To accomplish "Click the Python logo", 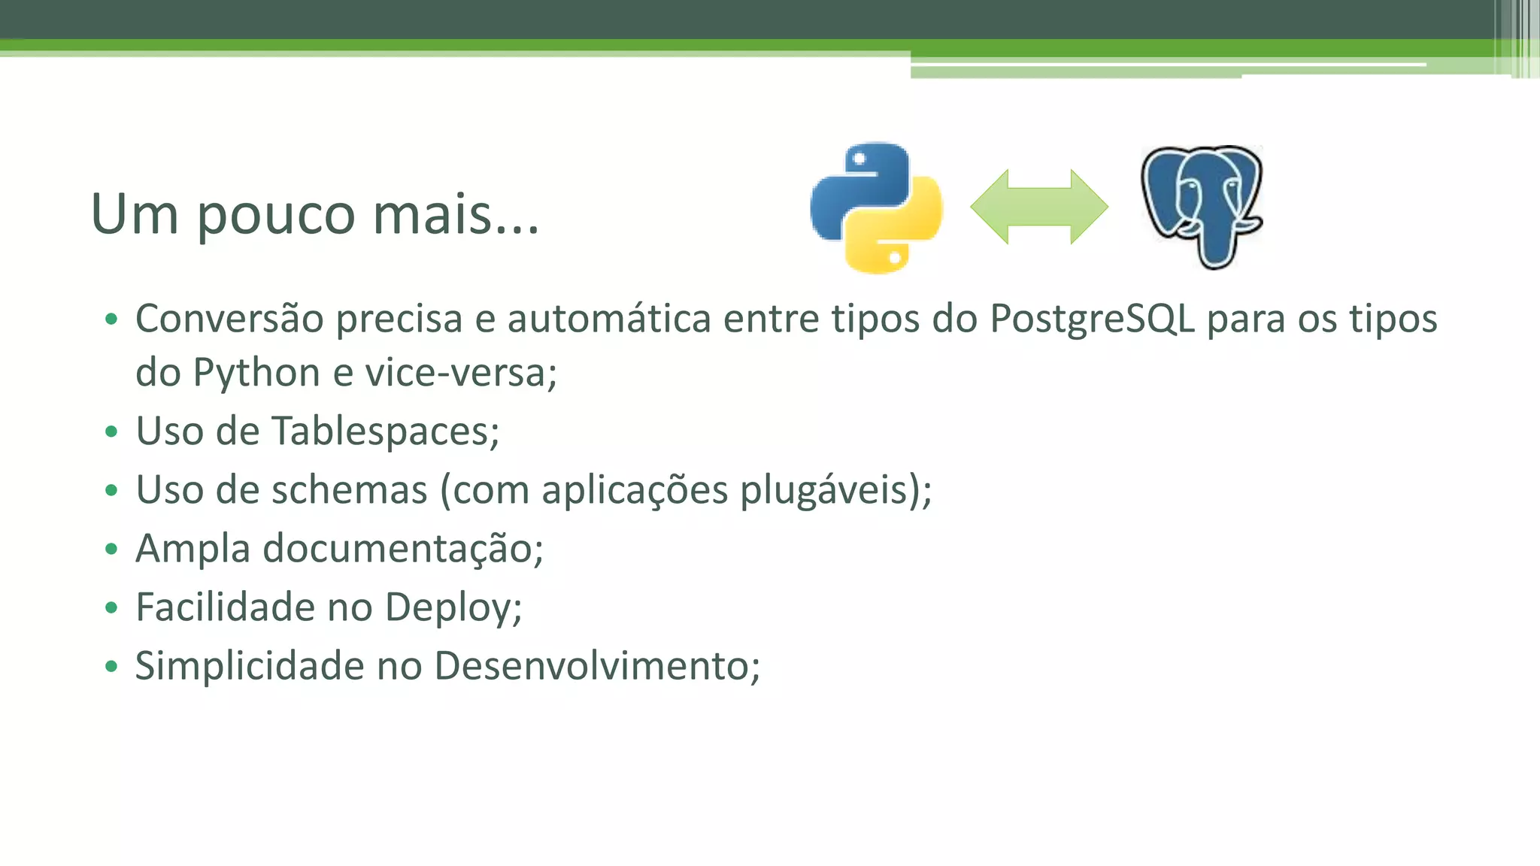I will (877, 207).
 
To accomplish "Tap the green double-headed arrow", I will (1039, 207).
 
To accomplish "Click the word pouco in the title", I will (276, 216).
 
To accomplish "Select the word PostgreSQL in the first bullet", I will (1092, 319).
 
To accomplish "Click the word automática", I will (609, 319).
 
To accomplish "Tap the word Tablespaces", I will (384, 431).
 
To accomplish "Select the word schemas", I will (349, 490).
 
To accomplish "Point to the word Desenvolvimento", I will (597, 666).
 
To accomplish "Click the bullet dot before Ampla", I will (112, 549).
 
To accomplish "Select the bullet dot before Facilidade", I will (112, 607).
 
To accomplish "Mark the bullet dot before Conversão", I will (112, 319).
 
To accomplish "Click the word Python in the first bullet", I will (256, 374).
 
